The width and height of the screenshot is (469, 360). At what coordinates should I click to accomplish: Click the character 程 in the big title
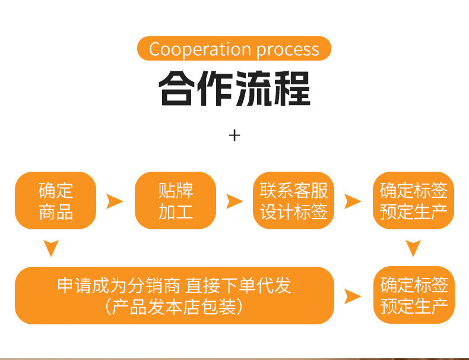pyautogui.click(x=293, y=89)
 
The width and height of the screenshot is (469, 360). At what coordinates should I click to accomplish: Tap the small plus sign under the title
pyautogui.click(x=235, y=135)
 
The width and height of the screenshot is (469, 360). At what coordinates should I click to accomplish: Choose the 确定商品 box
pyautogui.click(x=55, y=201)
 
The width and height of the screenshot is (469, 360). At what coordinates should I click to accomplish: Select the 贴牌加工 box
pyautogui.click(x=175, y=201)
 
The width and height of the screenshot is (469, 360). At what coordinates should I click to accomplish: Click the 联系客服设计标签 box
pyautogui.click(x=293, y=201)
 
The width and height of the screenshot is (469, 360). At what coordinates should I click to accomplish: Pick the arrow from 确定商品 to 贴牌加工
pyautogui.click(x=114, y=201)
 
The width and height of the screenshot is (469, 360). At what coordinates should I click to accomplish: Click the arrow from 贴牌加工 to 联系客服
pyautogui.click(x=235, y=201)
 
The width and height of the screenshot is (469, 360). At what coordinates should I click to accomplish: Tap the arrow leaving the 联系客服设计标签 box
pyautogui.click(x=353, y=201)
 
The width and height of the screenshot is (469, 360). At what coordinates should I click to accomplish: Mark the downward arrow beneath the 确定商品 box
pyautogui.click(x=52, y=247)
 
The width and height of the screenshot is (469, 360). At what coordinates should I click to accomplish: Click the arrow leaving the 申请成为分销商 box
pyautogui.click(x=353, y=296)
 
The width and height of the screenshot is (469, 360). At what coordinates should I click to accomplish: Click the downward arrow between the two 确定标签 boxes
pyautogui.click(x=413, y=247)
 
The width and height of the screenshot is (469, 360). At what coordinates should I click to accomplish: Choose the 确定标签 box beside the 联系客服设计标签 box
pyautogui.click(x=413, y=201)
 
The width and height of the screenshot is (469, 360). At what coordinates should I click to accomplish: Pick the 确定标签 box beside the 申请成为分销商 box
pyautogui.click(x=413, y=295)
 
